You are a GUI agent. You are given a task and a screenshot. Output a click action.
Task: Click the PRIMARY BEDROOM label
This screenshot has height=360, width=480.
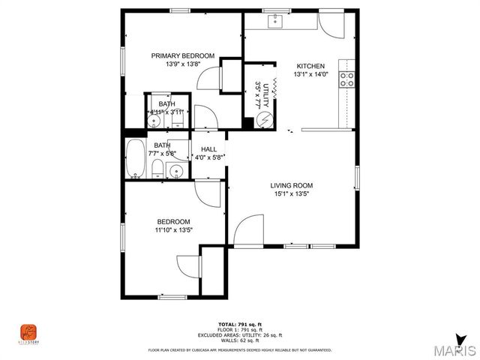pyautogui.click(x=183, y=55)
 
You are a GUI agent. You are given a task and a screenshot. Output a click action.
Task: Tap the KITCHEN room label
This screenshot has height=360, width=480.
pyautogui.click(x=310, y=65)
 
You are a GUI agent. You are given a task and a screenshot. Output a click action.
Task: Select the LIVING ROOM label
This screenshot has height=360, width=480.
pyautogui.click(x=292, y=185)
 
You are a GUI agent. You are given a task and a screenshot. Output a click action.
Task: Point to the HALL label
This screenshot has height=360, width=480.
pyautogui.click(x=208, y=149)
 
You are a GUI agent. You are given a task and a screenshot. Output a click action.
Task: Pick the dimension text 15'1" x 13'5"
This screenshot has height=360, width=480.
pyautogui.click(x=292, y=194)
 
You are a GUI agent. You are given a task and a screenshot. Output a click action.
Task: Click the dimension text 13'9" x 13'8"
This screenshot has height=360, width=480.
pyautogui.click(x=183, y=64)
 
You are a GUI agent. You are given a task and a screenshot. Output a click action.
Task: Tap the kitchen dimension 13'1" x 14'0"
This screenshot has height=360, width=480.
pyautogui.click(x=310, y=74)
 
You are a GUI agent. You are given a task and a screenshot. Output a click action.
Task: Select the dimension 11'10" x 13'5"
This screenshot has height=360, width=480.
pyautogui.click(x=173, y=230)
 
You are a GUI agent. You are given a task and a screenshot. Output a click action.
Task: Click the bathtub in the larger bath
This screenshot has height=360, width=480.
pyautogui.click(x=136, y=159)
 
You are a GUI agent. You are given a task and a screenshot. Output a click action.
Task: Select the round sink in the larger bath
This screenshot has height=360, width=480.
pyautogui.click(x=175, y=172)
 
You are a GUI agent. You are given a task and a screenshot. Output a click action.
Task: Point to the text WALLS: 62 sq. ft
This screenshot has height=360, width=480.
pyautogui.click(x=240, y=341)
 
